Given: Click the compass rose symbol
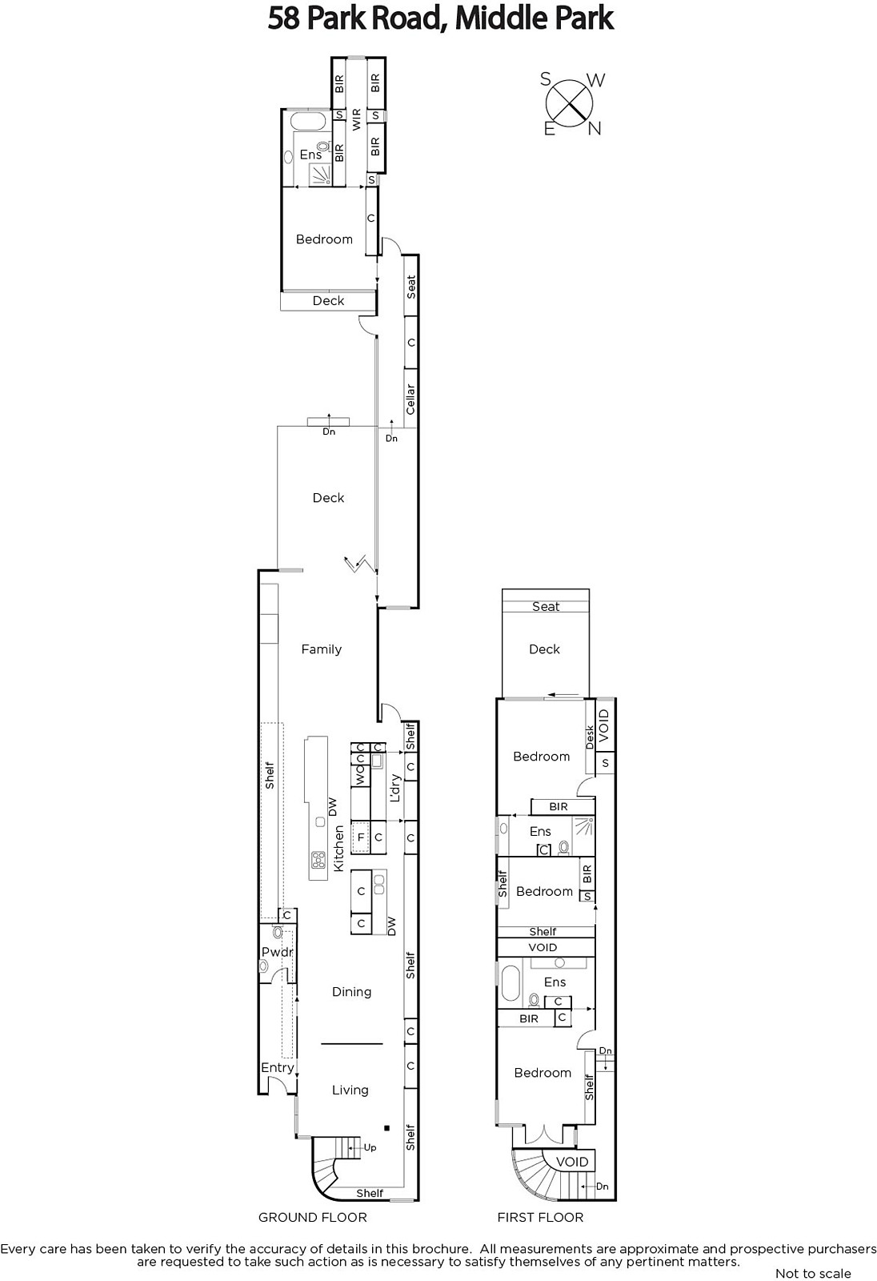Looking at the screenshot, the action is coord(570,104).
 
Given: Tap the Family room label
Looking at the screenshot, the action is coord(322,649).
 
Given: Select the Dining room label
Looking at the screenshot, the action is coord(351,992).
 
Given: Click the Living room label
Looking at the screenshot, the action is coord(350,1090).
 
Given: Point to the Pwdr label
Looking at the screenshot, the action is coord(278,952).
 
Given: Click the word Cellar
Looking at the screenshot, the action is coord(410,399).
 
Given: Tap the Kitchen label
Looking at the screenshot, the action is coord(338,848).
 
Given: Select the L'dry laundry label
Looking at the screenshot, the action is coord(395,788).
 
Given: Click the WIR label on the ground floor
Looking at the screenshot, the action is coord(357,119).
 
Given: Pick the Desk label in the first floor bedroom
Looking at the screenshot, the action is coord(590,737).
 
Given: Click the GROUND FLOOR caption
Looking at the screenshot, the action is coord(313,1218).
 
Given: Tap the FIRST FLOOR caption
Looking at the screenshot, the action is coord(540,1218).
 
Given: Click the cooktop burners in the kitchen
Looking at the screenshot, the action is coord(318,859).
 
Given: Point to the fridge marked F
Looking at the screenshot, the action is coord(361,837).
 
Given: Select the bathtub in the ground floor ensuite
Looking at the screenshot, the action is coord(308,121).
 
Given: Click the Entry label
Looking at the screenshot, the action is coord(278,1068).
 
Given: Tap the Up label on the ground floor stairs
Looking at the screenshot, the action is coord(370,1148).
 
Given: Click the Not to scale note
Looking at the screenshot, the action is coord(813,1274).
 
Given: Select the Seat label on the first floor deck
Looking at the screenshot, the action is coord(546,606).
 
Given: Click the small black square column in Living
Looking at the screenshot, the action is coord(387,1128).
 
